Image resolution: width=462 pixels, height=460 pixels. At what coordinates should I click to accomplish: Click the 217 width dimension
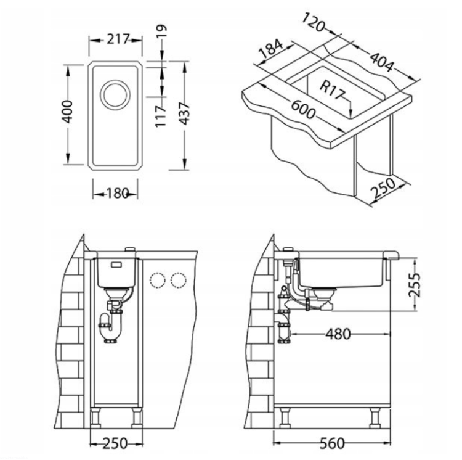point(118,39)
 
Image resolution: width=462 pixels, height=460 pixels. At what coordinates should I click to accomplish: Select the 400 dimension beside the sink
point(68,112)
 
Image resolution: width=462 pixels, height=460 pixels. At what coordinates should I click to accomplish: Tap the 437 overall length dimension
point(184,113)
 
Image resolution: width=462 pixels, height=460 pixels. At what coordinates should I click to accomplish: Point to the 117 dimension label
point(161,117)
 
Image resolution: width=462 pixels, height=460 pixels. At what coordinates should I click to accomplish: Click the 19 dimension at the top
point(161,31)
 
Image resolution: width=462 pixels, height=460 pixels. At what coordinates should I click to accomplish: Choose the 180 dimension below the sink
point(117,194)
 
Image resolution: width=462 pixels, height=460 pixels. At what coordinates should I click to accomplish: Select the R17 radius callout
point(331,90)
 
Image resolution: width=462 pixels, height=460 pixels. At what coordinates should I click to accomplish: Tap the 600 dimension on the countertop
point(303,109)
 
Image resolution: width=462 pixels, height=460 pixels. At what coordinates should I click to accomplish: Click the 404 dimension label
point(381,62)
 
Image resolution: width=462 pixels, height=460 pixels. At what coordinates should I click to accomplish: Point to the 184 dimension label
point(270,49)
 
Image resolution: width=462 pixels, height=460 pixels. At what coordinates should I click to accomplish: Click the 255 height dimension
point(414,285)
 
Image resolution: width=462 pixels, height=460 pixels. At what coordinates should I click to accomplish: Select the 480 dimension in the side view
point(338,334)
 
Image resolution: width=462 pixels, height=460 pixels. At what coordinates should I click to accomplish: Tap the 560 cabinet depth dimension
point(332,443)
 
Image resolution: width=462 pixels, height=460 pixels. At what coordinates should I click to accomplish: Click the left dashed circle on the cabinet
point(157,280)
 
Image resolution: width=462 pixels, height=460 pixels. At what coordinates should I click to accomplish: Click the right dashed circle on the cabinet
point(179,280)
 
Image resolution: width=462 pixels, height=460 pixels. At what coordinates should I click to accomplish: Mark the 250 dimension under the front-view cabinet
point(115,443)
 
